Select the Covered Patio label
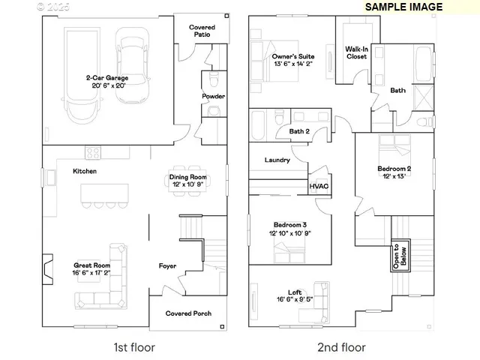(x=202, y=31)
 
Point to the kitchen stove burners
(x=93, y=152)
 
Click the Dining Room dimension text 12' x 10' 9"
(x=187, y=184)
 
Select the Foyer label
(x=167, y=265)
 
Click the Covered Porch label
(x=188, y=313)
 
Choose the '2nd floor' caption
(x=342, y=347)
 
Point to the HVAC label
(x=318, y=186)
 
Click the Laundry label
(x=277, y=160)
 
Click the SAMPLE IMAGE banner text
(x=403, y=6)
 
